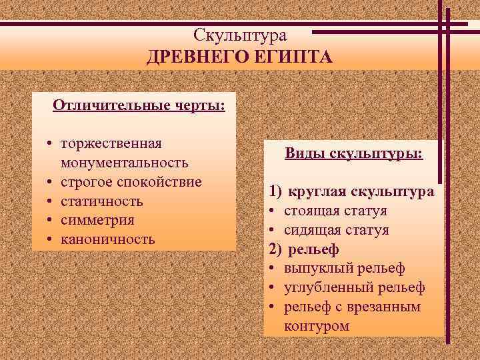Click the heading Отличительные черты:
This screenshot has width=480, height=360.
click(x=138, y=107)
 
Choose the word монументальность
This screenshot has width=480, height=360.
click(x=124, y=163)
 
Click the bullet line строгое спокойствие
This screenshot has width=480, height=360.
click(x=131, y=182)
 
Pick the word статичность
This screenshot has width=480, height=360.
click(x=101, y=201)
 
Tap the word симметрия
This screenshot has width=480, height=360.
click(x=97, y=220)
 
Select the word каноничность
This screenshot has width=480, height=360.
click(x=107, y=239)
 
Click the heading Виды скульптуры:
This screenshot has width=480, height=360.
click(x=353, y=153)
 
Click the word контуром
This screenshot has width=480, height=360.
click(x=316, y=326)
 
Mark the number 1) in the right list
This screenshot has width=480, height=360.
click(x=276, y=192)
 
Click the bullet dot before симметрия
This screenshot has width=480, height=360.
click(x=50, y=220)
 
